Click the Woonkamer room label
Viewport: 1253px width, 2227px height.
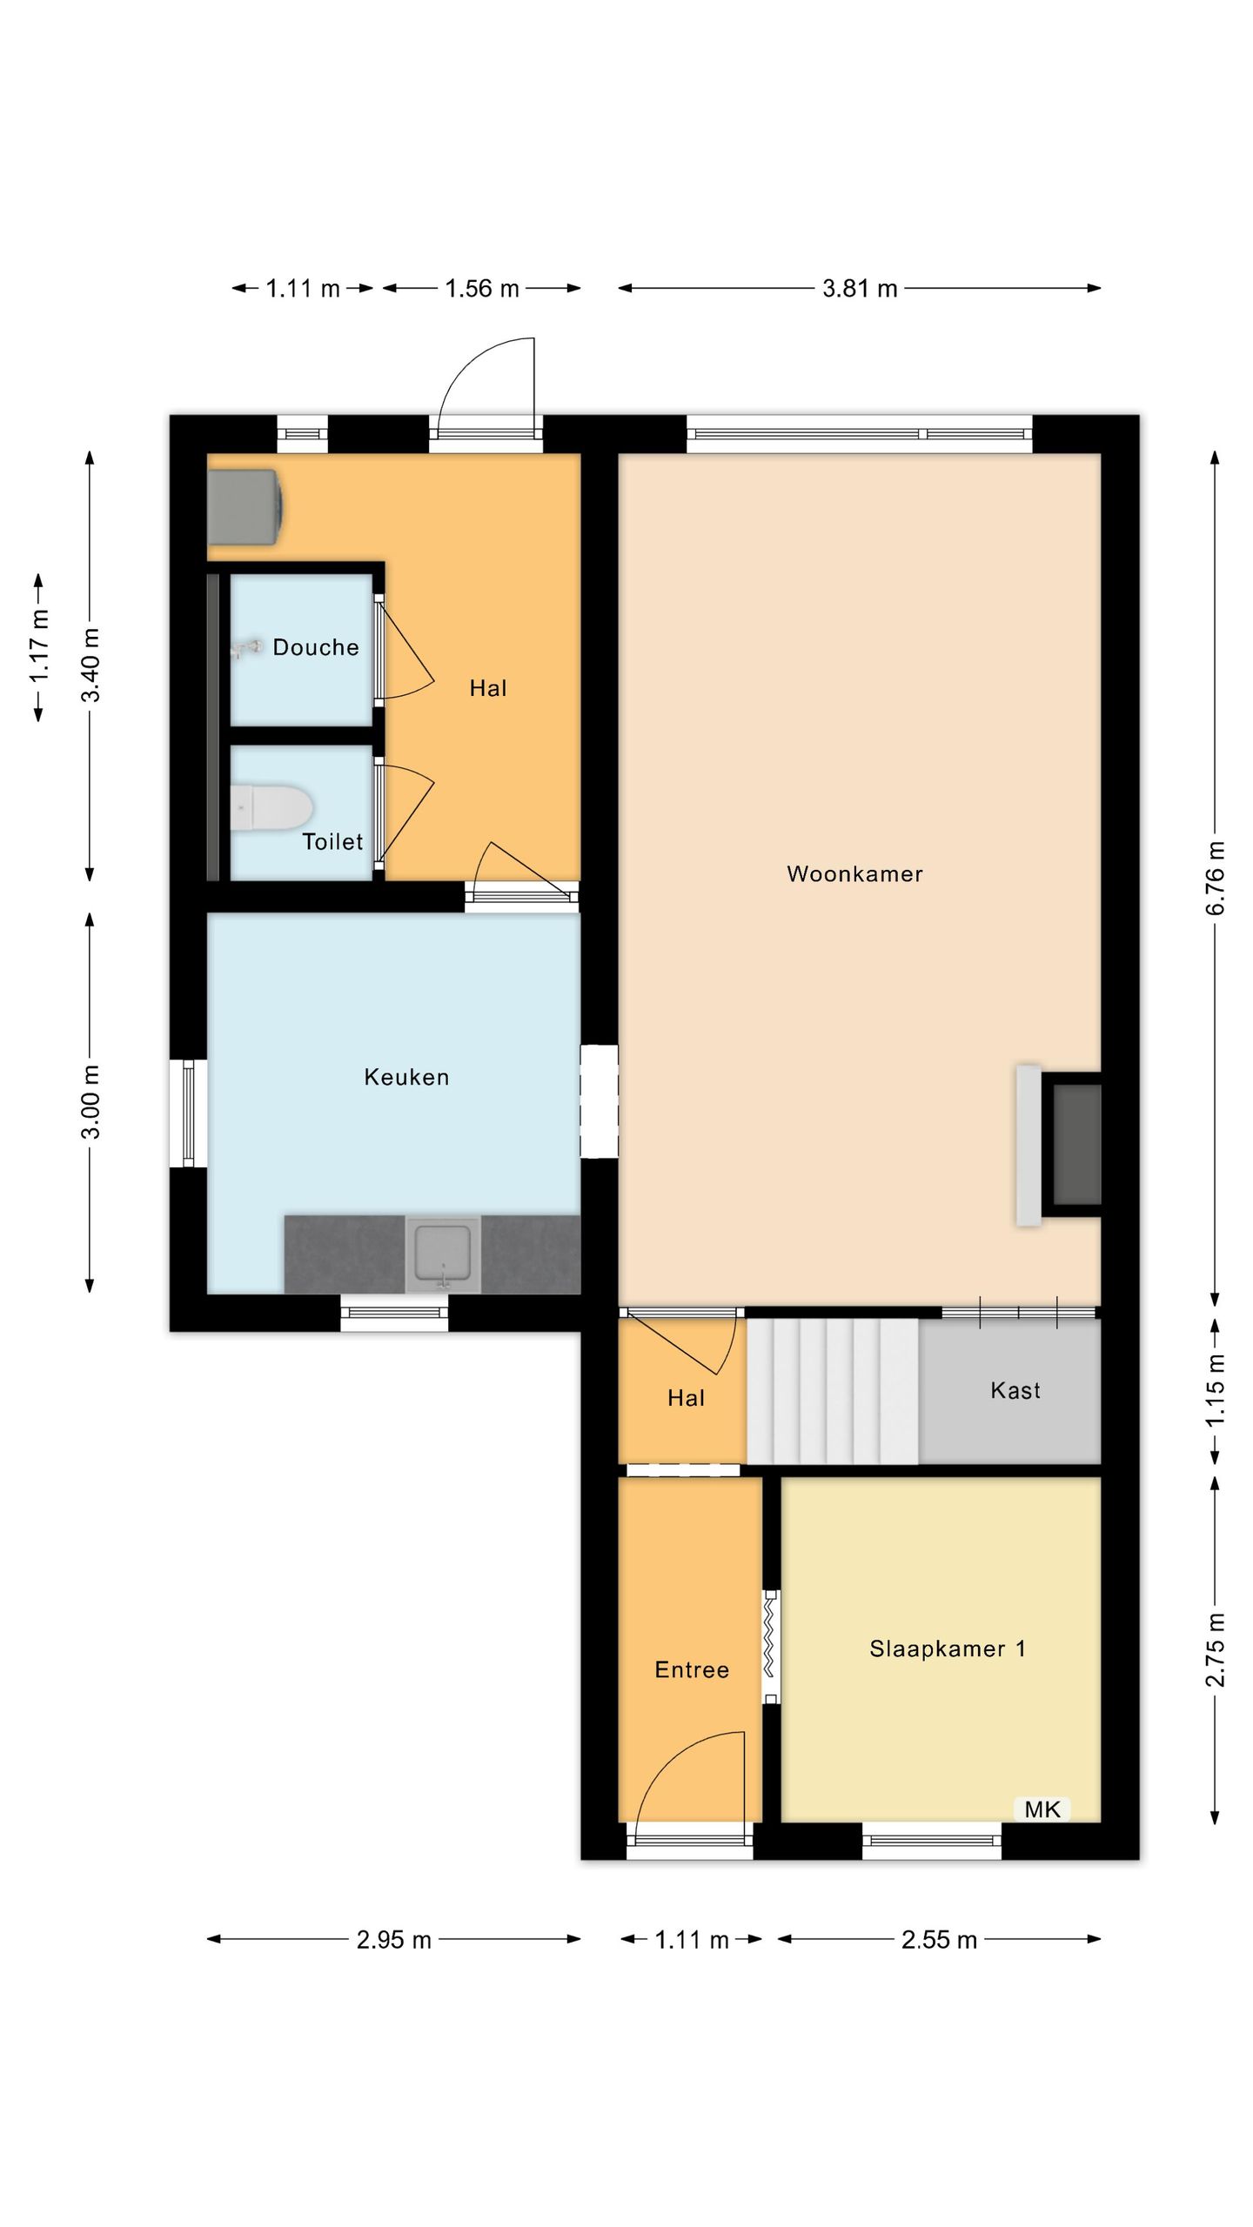click(x=854, y=874)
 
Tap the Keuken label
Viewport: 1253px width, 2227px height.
click(x=406, y=1077)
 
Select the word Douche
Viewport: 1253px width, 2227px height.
click(x=316, y=647)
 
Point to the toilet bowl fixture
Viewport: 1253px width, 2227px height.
click(x=271, y=808)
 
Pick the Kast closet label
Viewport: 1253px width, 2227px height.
click(x=1015, y=1390)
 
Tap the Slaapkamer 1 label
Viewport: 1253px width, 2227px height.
click(x=948, y=1649)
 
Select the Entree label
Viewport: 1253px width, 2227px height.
click(x=692, y=1669)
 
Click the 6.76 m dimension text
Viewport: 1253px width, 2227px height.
click(x=1216, y=879)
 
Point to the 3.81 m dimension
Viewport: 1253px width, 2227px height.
click(x=860, y=288)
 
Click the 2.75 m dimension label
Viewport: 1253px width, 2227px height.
click(x=1216, y=1649)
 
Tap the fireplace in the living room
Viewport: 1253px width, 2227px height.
click(x=1060, y=1145)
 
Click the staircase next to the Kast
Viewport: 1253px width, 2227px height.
click(x=833, y=1391)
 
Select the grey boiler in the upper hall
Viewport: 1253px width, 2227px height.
click(x=245, y=507)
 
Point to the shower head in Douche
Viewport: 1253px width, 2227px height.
click(x=245, y=648)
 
